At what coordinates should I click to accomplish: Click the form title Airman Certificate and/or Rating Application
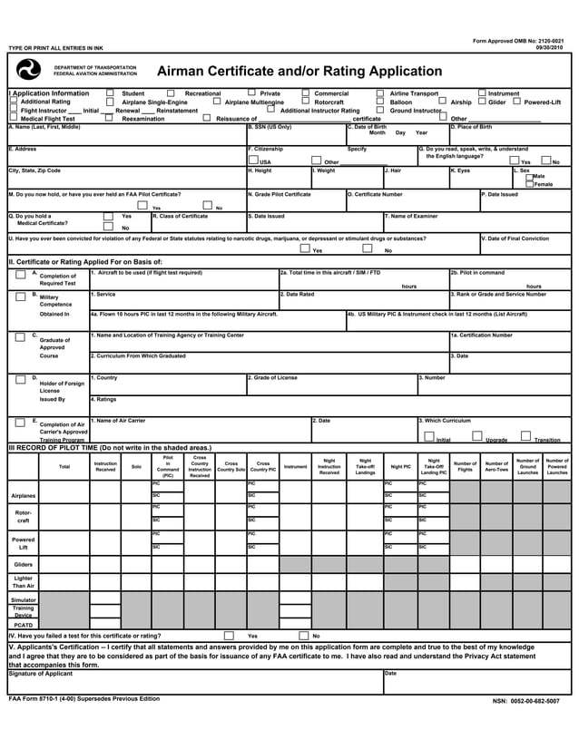pos(287,71)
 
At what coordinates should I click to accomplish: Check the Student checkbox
pos(110,92)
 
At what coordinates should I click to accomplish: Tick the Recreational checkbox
pos(172,92)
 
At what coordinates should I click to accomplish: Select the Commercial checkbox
pos(306,92)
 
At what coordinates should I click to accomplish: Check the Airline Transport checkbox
pos(380,92)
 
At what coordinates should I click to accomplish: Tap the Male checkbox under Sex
pos(529,176)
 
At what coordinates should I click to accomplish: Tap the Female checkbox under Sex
pos(529,184)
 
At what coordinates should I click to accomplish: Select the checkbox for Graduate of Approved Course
pos(20,336)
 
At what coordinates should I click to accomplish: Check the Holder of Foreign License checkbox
pos(20,379)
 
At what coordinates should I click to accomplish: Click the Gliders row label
pos(24,564)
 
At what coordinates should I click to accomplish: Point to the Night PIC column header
pos(400,466)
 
